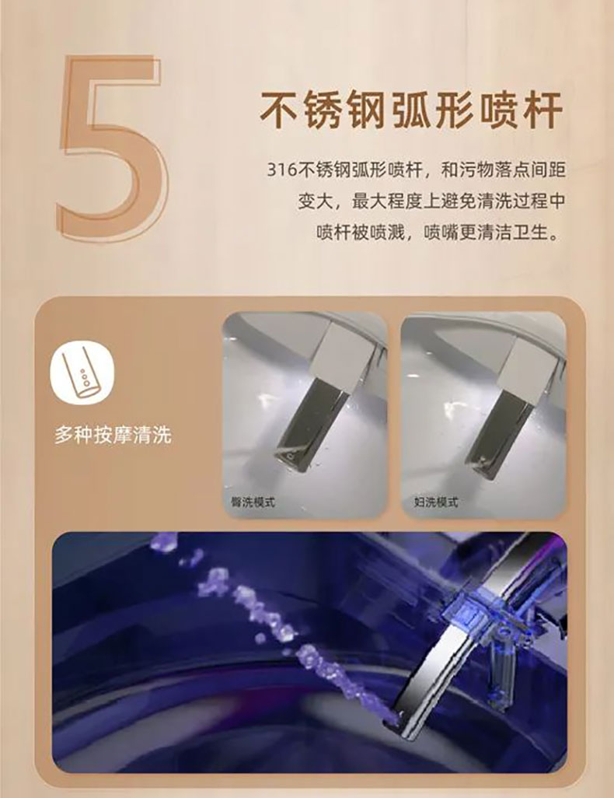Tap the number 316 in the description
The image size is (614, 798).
coord(281,170)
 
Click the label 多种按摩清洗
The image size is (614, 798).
coord(113,436)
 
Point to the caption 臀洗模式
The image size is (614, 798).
coord(253,502)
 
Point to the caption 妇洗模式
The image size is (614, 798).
coord(436,502)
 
